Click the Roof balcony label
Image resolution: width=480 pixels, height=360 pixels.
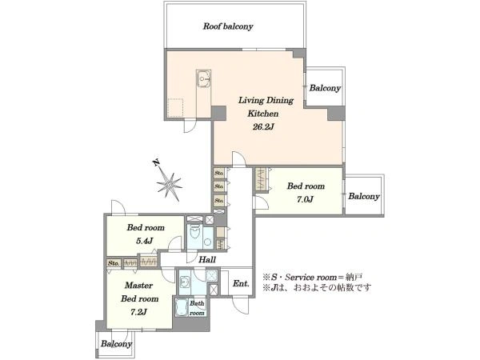coord(228,26)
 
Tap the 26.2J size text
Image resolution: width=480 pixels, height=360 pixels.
coord(263,127)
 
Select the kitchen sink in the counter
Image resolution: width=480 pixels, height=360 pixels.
coord(203,78)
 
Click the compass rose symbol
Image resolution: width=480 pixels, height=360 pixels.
coord(170,185)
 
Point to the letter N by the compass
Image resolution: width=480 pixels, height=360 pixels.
coord(157,162)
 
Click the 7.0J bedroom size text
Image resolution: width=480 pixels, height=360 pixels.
coord(305,199)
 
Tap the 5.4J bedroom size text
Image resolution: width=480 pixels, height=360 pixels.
coord(145,241)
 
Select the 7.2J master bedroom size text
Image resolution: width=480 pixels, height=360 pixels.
coord(138,312)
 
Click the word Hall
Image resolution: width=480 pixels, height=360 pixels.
coord(207,260)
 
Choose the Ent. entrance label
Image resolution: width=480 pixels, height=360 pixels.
coord(241,284)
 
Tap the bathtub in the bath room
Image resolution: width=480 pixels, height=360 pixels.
coord(182,307)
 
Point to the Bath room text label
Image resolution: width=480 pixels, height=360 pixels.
coord(197,308)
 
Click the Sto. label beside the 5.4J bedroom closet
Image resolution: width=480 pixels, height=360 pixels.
coord(114,263)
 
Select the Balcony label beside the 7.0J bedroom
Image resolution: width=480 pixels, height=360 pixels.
coord(364,196)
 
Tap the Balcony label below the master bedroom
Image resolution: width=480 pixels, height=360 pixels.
coord(116,344)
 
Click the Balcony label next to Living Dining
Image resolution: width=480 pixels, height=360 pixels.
coord(325,88)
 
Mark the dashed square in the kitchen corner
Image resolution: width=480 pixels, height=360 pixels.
coord(175,108)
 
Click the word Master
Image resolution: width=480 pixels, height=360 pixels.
coord(138,286)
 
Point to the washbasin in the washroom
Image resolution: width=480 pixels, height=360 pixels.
coord(184,282)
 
